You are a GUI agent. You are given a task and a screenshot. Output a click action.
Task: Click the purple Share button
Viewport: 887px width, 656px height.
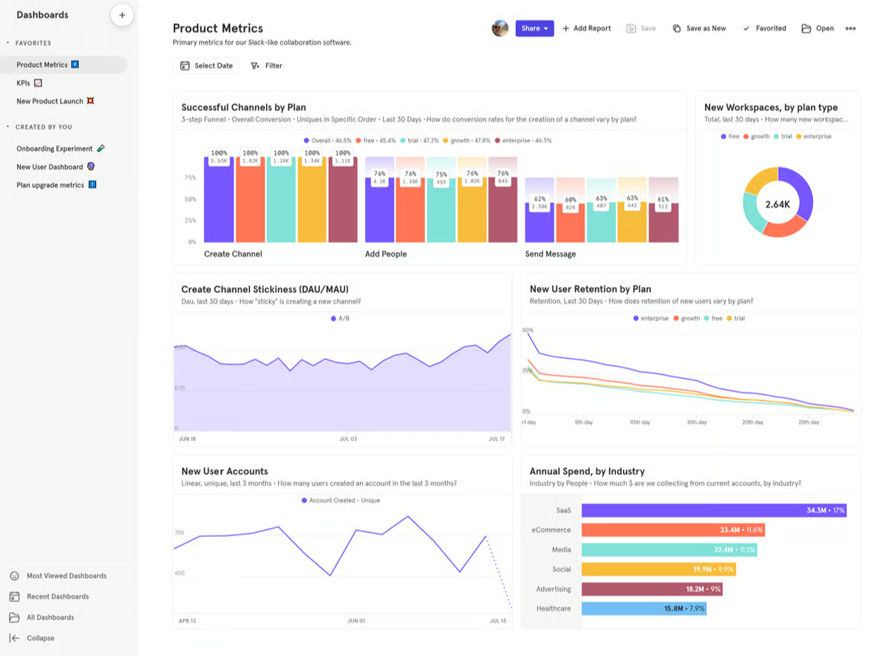point(534,28)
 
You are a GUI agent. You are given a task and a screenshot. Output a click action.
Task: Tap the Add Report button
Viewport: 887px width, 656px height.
point(587,28)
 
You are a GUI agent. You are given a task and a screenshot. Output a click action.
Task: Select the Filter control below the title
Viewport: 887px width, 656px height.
point(267,66)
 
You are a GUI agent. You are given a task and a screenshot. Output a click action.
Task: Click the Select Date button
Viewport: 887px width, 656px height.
point(206,66)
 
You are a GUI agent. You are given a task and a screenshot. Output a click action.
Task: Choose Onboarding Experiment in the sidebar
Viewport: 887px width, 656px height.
point(55,149)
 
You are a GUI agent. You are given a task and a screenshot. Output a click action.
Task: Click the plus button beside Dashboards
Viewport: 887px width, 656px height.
point(122,15)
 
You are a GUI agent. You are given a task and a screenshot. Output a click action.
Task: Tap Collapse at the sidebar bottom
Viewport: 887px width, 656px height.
point(40,638)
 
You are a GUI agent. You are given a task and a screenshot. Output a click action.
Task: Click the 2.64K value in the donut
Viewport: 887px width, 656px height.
point(778,204)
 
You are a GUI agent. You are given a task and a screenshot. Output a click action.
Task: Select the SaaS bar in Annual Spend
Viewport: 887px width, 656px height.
point(713,510)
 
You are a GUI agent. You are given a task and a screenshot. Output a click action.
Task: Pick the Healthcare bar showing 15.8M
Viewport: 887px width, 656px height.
point(643,609)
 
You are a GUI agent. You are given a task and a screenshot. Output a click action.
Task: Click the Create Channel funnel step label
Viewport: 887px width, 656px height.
point(233,254)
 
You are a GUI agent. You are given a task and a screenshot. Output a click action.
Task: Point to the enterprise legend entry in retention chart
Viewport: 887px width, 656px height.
point(650,318)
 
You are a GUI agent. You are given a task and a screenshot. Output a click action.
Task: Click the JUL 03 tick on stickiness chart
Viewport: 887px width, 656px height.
point(347,439)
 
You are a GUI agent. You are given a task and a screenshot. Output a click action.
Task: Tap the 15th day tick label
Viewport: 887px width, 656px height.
point(696,422)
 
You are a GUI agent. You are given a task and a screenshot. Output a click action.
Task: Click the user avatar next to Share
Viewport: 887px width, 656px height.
point(500,28)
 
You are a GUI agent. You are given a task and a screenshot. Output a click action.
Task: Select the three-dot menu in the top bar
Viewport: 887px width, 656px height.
point(851,28)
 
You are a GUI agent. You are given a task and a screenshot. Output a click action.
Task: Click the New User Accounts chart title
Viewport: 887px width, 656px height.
point(225,471)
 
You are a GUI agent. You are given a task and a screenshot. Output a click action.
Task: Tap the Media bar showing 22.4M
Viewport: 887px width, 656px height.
point(669,550)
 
